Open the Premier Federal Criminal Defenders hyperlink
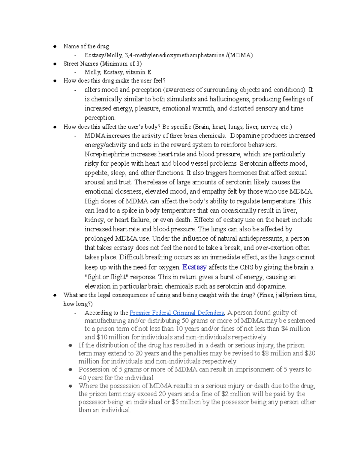177,313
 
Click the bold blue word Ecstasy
194,267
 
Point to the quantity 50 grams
194,321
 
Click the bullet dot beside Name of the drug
55,47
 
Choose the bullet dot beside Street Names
55,64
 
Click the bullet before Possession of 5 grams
70,370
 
